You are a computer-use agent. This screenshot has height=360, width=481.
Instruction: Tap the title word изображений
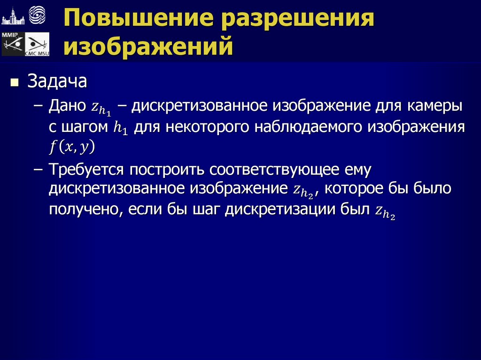tap(149, 47)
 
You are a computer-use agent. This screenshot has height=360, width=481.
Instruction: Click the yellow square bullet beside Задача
tap(15, 84)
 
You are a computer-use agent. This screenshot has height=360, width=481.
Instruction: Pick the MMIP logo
tap(12, 44)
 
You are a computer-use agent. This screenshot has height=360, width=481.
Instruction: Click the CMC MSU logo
tap(37, 45)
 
